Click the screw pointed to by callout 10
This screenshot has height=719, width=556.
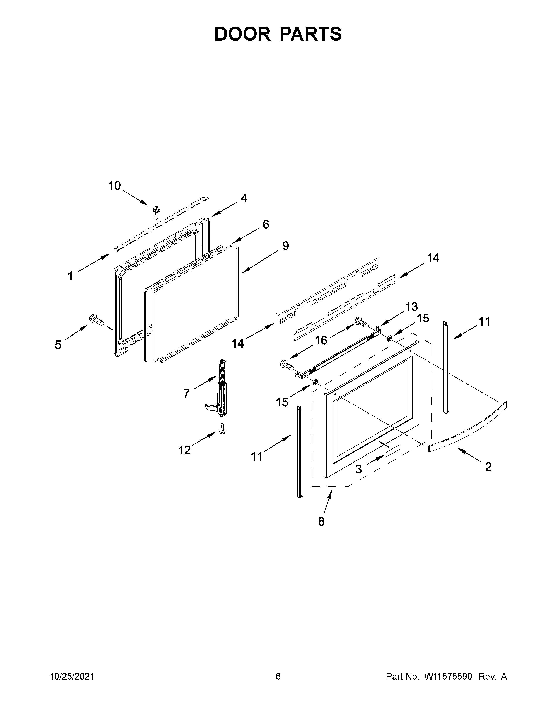pos(156,212)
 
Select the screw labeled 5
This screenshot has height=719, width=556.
pos(96,319)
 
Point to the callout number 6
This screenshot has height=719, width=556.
pos(266,224)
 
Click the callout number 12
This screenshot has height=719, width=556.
pos(184,450)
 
